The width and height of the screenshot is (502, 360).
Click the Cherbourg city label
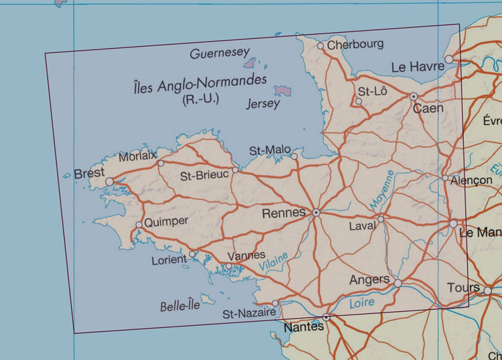tap(356, 44)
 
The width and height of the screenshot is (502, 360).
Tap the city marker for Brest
tap(109, 181)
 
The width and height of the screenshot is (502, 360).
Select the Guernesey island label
tap(219, 53)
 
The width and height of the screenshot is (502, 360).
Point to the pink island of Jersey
tap(282, 91)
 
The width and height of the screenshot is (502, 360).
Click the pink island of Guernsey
tap(249, 63)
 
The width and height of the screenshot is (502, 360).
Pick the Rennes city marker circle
tap(316, 212)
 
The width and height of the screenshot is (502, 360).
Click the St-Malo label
tap(269, 151)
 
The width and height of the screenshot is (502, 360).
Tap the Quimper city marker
tap(139, 225)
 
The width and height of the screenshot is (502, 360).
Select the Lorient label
tap(169, 260)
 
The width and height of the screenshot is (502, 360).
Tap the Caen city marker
tap(413, 96)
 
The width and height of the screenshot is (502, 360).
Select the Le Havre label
tap(418, 67)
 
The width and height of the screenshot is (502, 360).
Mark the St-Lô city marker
tap(358, 101)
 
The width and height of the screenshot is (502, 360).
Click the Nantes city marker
tap(326, 317)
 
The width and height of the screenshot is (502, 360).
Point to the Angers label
tap(369, 280)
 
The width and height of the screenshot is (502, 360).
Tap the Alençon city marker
tap(445, 178)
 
